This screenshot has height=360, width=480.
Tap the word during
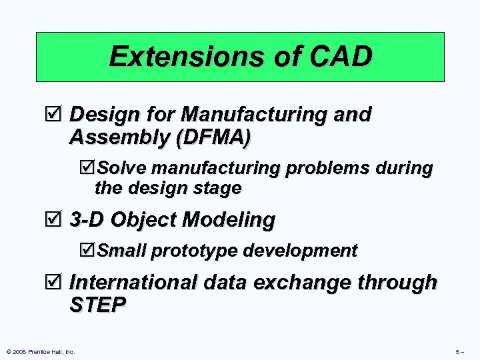pos(405,168)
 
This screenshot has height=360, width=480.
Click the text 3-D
pos(87,219)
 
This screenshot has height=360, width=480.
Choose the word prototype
pos(195,251)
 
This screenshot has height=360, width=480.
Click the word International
pos(134,283)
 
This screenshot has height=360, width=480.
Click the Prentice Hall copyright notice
pos(40,351)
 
